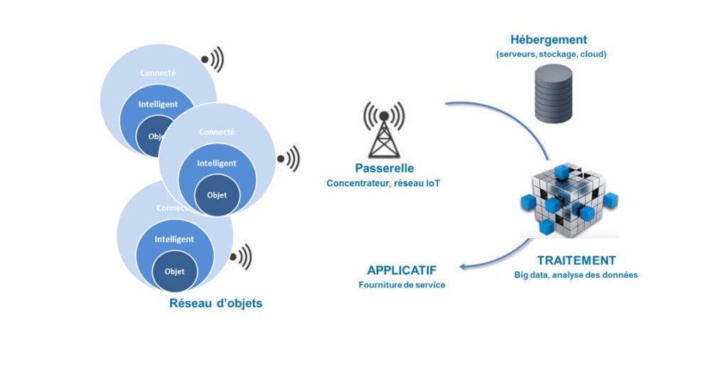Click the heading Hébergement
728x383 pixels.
coord(548,40)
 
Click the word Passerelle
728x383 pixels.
coord(384,168)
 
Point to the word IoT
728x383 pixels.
coord(432,183)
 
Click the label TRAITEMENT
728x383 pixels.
coord(576,260)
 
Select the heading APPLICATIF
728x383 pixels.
coord(402,271)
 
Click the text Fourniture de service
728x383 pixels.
coord(402,286)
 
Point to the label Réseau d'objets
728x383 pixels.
coord(215,303)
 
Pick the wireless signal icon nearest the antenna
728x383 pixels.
coord(289,158)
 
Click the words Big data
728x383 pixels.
coord(531,275)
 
